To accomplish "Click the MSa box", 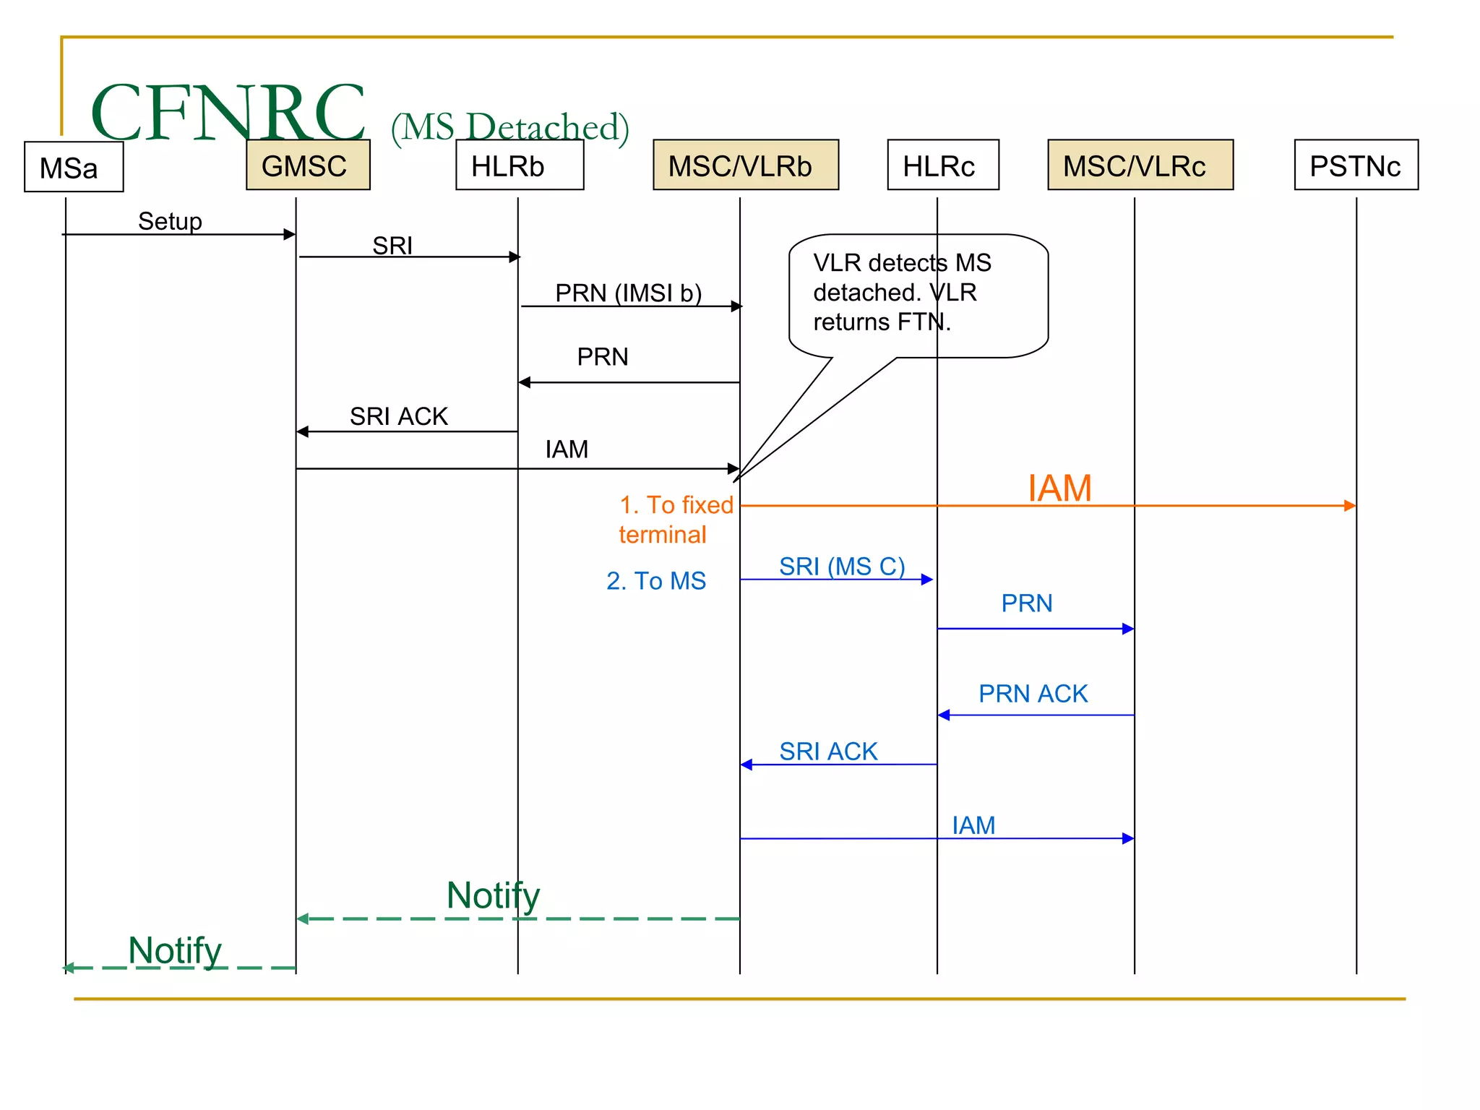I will [x=74, y=167].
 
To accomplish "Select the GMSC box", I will [x=308, y=165].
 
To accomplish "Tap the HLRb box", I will [x=520, y=165].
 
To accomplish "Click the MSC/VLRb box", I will [x=745, y=165].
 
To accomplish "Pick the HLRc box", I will [x=942, y=165].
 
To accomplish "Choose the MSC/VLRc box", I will [x=1140, y=165].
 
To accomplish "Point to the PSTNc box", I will [x=1356, y=165].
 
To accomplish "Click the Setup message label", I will [x=170, y=221].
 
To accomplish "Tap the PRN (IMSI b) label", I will [x=628, y=293].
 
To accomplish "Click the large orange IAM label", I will [x=1059, y=488].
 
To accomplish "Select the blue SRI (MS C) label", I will [x=842, y=566].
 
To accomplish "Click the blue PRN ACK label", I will [x=1033, y=693].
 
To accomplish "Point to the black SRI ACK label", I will [x=399, y=416].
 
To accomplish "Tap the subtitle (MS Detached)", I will [x=509, y=127].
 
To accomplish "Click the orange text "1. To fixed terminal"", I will [x=675, y=519].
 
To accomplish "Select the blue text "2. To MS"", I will [x=655, y=580].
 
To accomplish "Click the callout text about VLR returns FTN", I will [x=901, y=292].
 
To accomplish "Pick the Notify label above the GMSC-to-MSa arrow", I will [x=175, y=950].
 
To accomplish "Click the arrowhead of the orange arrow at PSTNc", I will [x=1350, y=506].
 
